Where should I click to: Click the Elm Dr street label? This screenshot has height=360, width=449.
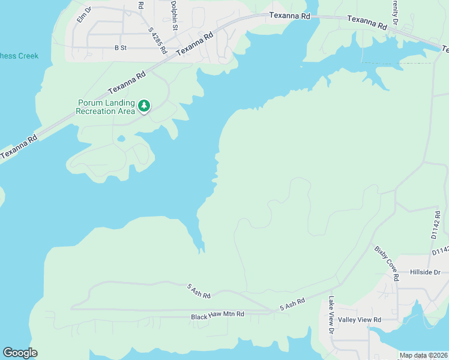83,15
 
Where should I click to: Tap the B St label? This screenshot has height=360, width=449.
120,47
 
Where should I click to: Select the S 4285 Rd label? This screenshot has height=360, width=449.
157,41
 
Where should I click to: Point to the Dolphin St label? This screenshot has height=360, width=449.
173,15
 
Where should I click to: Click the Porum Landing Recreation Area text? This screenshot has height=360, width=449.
106,107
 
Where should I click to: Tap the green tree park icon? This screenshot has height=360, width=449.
143,106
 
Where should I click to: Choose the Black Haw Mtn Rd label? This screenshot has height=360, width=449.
217,314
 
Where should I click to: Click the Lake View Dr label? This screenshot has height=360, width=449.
331,315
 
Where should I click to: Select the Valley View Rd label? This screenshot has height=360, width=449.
360,320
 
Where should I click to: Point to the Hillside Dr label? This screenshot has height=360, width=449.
424,272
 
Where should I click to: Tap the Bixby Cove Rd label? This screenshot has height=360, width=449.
387,263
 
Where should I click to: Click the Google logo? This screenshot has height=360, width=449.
20,353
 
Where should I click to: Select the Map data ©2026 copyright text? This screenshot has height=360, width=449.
424,355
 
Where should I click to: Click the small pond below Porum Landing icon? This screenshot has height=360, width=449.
121,139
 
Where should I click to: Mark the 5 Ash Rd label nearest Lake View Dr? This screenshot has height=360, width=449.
292,304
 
